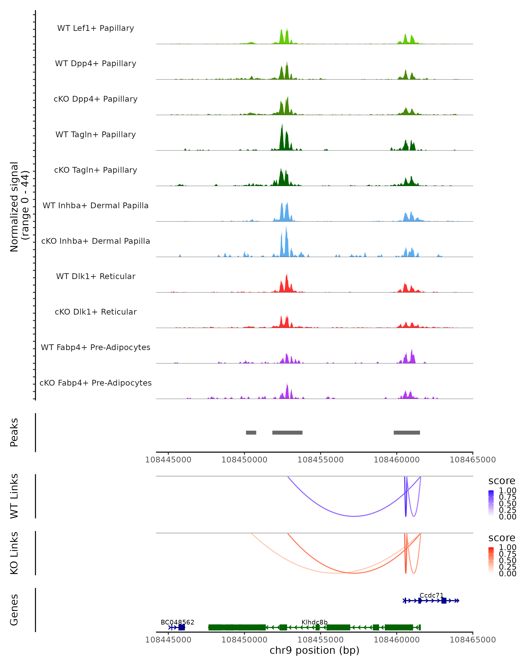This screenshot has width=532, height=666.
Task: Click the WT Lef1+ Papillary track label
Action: click(x=96, y=28)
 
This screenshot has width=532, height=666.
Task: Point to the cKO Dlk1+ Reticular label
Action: click(x=96, y=312)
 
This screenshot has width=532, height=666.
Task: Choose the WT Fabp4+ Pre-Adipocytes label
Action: click(x=96, y=347)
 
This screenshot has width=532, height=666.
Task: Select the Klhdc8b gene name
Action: click(x=314, y=622)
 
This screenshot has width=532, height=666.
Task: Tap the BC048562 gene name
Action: click(x=177, y=622)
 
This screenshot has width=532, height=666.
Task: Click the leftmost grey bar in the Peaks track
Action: click(x=251, y=432)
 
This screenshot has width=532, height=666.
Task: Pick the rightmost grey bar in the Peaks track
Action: click(x=407, y=432)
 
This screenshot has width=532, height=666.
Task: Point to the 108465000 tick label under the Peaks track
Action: click(x=472, y=460)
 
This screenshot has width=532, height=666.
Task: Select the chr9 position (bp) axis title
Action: click(x=314, y=650)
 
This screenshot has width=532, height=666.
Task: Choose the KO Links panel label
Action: click(x=14, y=553)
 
